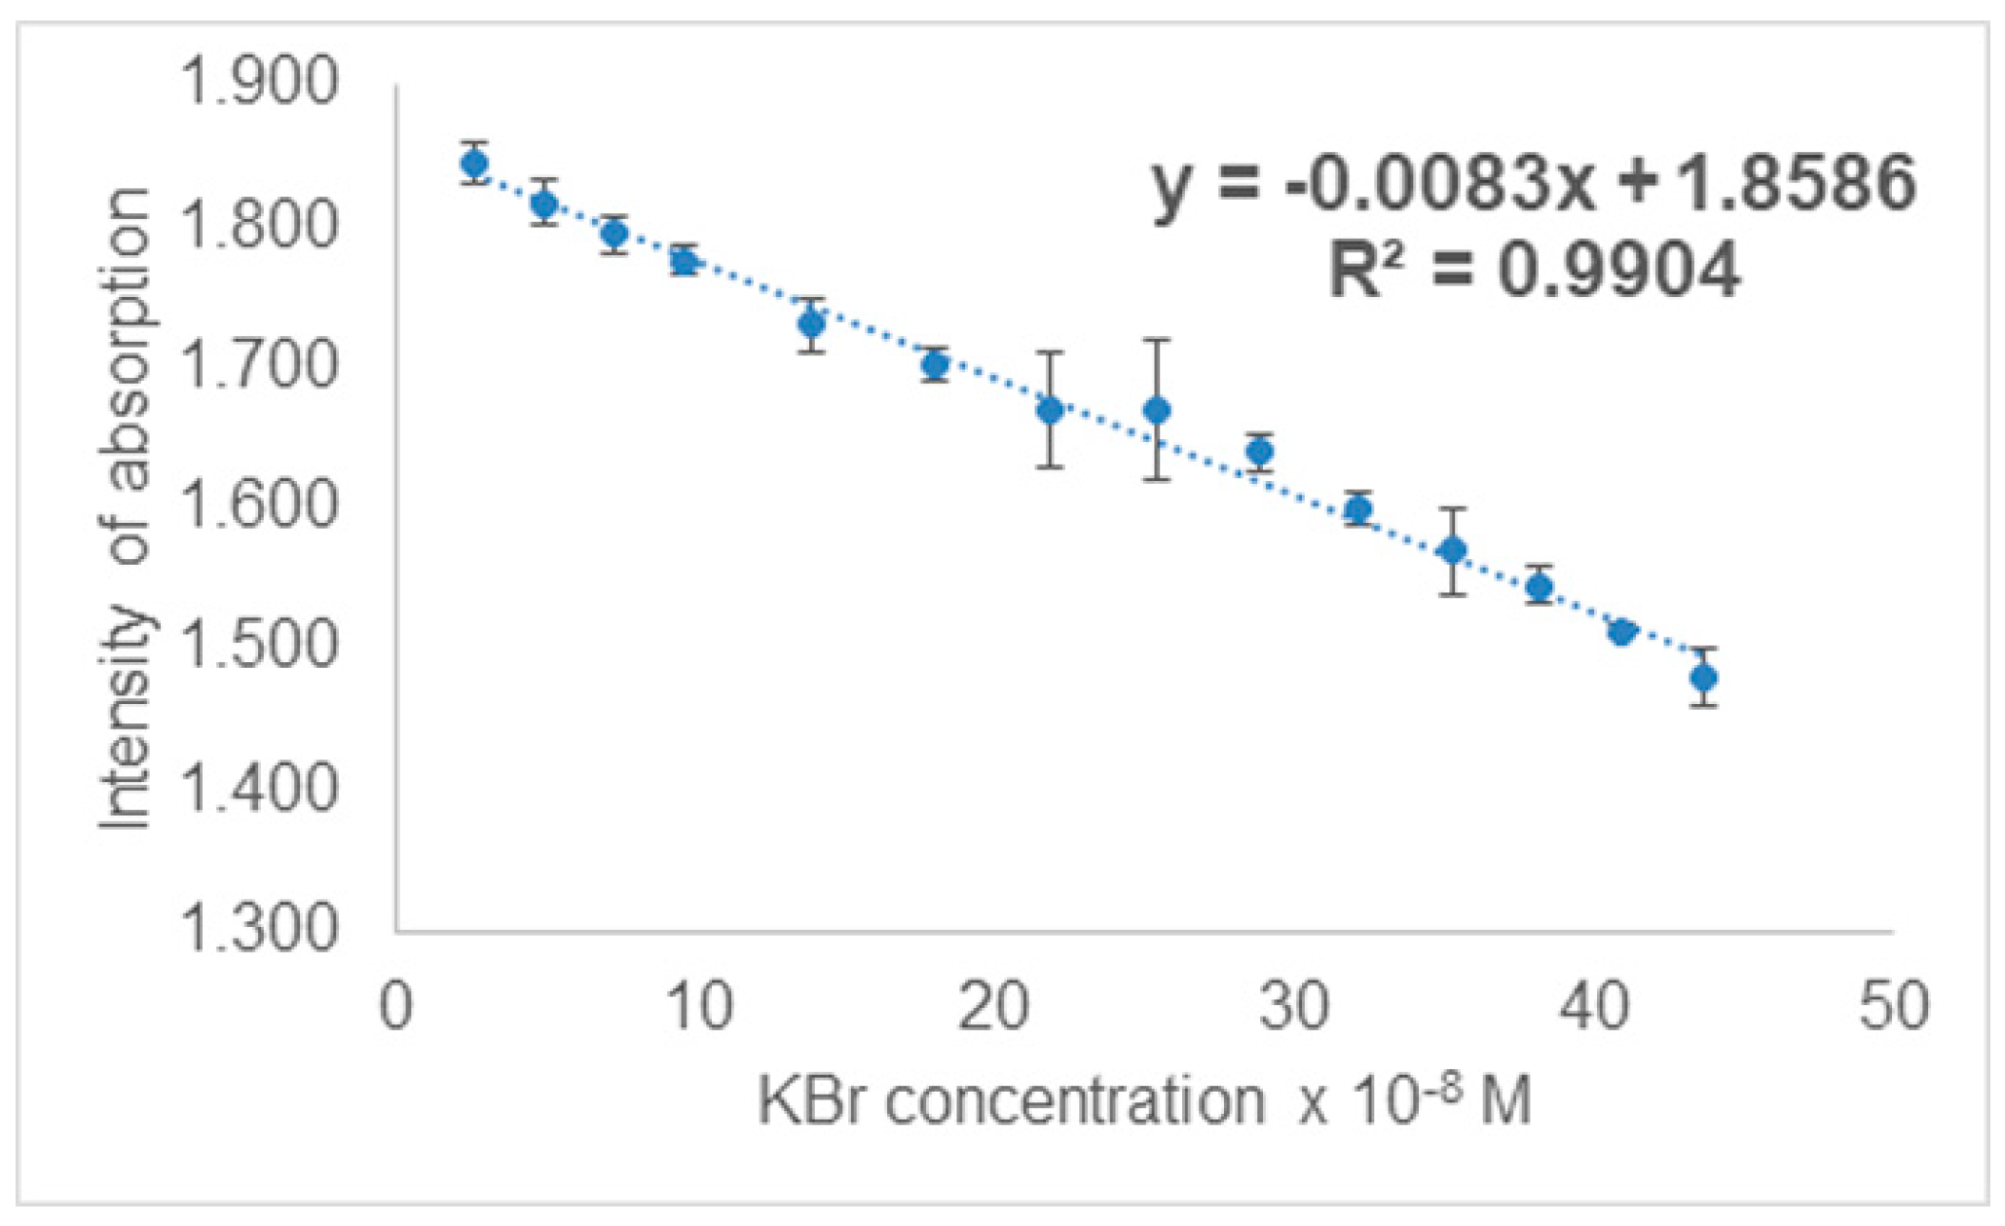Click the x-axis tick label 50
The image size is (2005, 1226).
[x=1893, y=1007]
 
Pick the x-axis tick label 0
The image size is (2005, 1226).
[x=395, y=1007]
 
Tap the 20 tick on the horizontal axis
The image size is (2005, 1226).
[x=993, y=1007]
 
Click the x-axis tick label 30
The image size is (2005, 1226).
[x=1293, y=1007]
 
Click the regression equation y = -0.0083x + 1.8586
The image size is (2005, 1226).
[x=1534, y=184]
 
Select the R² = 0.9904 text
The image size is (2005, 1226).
[x=1534, y=270]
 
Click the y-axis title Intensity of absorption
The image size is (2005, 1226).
[x=128, y=506]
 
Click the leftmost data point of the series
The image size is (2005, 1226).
[x=474, y=163]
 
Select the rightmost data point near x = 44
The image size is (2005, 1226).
[x=1703, y=677]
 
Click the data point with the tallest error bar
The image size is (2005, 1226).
[x=1156, y=410]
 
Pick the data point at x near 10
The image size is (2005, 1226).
[x=685, y=261]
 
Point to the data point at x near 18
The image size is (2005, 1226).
[x=935, y=365]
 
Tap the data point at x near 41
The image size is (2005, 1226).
[x=1621, y=632]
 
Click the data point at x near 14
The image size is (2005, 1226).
[x=811, y=323]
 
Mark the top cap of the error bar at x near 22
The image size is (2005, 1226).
[x=1049, y=352]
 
